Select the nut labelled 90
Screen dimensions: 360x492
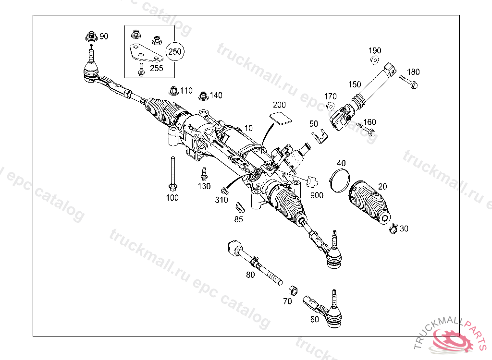coord(91,36)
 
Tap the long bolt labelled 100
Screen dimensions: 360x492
coord(172,173)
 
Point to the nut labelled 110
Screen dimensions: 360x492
coord(173,91)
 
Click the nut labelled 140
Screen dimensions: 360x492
coord(203,95)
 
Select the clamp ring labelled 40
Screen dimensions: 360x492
coord(340,178)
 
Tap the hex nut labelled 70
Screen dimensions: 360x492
coord(292,290)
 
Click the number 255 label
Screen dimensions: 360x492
coord(156,68)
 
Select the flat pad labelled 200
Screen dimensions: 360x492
coord(279,118)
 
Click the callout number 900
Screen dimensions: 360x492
coord(317,195)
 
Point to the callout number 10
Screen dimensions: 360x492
coord(248,129)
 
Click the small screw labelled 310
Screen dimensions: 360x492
coord(224,190)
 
